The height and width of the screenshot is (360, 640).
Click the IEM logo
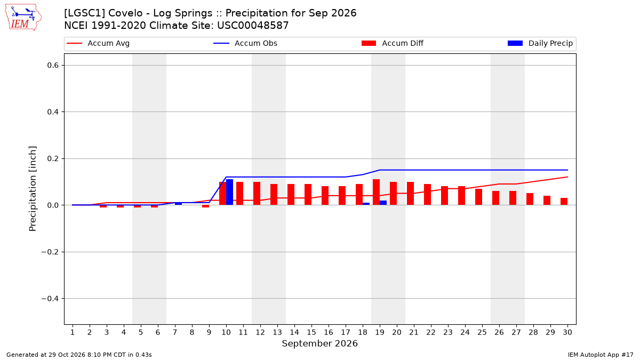[23, 18]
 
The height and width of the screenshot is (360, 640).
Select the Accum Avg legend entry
[98, 43]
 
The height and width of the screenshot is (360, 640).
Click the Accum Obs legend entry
[245, 43]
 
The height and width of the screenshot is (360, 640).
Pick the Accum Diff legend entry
[393, 43]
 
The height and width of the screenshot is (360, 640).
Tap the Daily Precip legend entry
[540, 43]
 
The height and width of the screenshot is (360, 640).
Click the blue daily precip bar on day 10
[229, 193]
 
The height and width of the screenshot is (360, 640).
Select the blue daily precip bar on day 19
[383, 203]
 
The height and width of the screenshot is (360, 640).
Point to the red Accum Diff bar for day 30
[564, 202]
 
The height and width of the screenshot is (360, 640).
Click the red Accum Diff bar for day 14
[291, 195]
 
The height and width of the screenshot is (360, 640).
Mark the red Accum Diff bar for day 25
[478, 197]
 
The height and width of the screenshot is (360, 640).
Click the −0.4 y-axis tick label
[50, 299]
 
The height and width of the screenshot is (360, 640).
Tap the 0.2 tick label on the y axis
[53, 158]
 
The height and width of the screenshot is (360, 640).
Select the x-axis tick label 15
[311, 332]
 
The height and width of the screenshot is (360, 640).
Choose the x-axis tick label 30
[567, 332]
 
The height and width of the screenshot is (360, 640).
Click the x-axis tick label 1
[73, 332]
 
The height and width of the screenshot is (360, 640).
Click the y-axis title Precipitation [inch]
[33, 189]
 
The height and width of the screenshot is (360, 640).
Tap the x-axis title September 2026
[319, 343]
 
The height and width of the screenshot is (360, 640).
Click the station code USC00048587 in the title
[253, 26]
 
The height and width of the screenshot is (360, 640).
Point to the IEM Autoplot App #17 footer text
[601, 355]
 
